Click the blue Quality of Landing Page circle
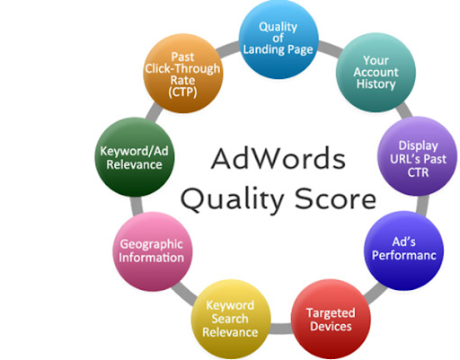tap(279, 40)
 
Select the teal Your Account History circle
tap(376, 73)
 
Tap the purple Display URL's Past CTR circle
tap(418, 156)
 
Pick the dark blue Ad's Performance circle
tap(404, 250)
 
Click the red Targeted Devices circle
tap(331, 319)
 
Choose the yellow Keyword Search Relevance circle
tap(231, 319)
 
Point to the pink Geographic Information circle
tap(153, 251)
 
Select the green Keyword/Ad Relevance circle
tap(135, 157)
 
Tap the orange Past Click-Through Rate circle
tap(183, 74)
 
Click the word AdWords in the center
tap(279, 159)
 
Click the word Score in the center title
tap(335, 199)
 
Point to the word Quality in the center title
tap(233, 200)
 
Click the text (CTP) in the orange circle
tap(182, 92)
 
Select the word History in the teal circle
tap(376, 84)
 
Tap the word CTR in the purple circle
tap(418, 172)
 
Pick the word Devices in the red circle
tap(331, 326)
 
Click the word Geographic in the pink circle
tap(152, 245)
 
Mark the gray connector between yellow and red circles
tap(281, 329)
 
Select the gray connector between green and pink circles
tap(137, 206)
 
